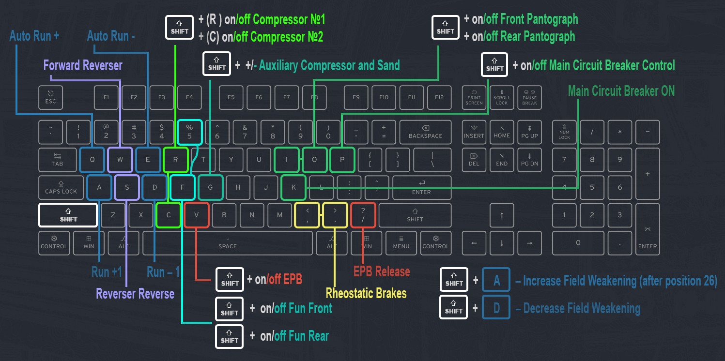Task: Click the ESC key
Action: (50, 97)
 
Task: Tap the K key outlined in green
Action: (293, 187)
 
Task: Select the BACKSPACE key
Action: (425, 132)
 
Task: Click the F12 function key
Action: (439, 97)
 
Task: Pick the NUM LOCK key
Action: (564, 132)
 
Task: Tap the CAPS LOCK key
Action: (61, 187)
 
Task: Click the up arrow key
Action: (502, 215)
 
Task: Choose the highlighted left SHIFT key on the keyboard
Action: (68, 215)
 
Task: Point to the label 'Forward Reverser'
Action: (83, 65)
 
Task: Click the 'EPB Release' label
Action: (382, 271)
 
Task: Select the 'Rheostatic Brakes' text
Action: (366, 293)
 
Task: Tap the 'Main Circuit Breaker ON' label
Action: (621, 91)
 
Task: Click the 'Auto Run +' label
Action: (34, 36)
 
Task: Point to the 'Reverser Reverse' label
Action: (135, 294)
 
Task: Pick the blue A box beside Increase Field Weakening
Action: (496, 280)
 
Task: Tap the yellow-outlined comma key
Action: (308, 215)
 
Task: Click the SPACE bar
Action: (227, 243)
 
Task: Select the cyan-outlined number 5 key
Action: (189, 132)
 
